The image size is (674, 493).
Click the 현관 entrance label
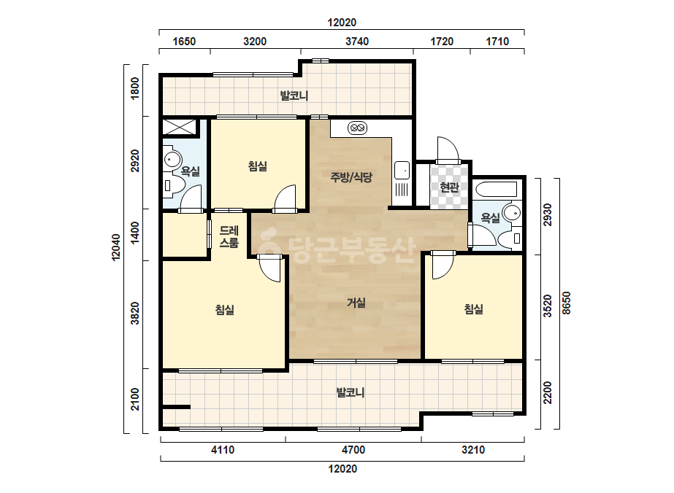tap(449, 187)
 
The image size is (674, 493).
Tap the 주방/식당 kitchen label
tap(351, 177)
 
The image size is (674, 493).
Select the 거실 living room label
tap(356, 303)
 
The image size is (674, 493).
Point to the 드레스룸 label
tap(229, 237)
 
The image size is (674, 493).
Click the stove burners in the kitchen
tap(358, 128)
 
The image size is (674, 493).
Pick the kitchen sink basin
tap(402, 170)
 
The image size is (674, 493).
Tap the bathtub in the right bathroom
tap(495, 190)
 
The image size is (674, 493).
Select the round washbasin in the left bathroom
tap(173, 159)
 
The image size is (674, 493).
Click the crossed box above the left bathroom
tap(179, 127)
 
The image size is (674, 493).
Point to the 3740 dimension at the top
tap(357, 42)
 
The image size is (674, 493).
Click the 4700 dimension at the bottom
tap(353, 450)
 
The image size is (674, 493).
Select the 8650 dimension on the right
tap(567, 303)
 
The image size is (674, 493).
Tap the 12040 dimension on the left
tap(116, 247)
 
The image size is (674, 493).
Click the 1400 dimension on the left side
tap(135, 233)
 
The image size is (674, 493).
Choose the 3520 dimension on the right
tap(547, 306)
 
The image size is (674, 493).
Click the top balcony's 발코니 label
tap(294, 96)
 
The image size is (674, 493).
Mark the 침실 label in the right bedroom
tap(474, 309)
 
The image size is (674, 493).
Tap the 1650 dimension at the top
tap(184, 42)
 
